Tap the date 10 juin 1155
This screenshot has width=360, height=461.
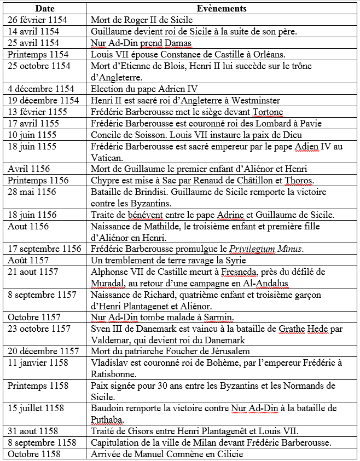coord(31,135)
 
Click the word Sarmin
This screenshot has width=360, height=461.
coord(218,318)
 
